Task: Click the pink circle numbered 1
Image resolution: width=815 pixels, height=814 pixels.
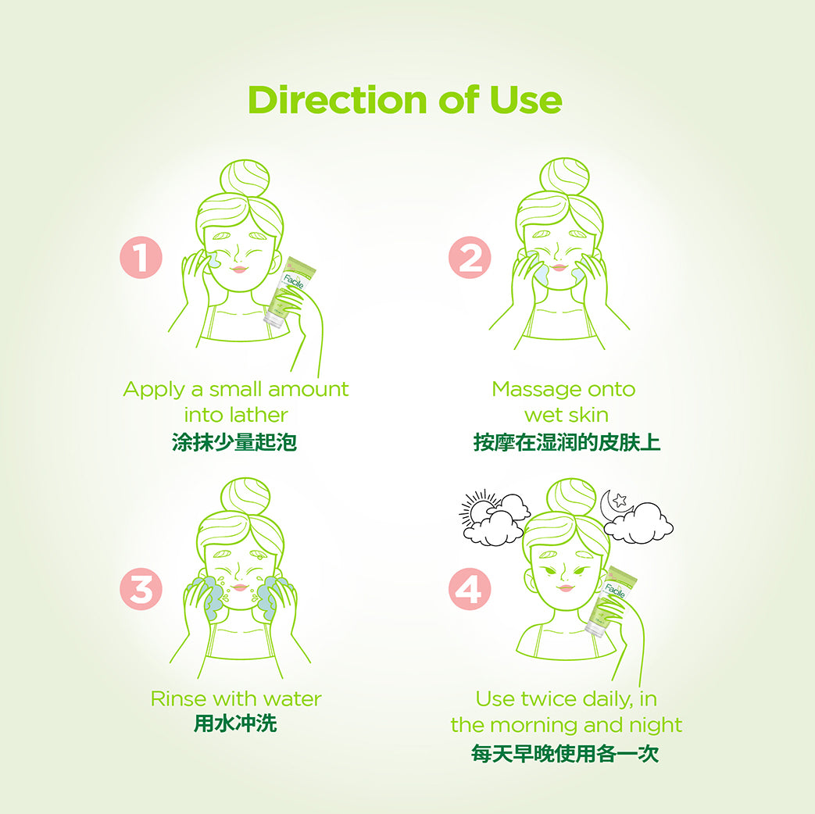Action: [x=141, y=257]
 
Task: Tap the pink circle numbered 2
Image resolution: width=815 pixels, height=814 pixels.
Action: [x=470, y=257]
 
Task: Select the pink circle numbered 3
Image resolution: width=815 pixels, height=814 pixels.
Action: [x=141, y=589]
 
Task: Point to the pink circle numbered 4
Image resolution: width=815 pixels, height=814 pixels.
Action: [x=470, y=589]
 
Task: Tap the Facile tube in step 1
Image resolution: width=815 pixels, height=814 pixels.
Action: [x=289, y=291]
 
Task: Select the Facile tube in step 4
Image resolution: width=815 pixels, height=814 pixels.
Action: [x=611, y=602]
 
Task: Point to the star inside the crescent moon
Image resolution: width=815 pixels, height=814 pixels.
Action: [x=619, y=501]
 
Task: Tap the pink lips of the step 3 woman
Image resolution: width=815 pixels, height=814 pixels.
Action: [x=240, y=587]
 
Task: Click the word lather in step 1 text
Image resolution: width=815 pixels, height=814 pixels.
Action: [x=259, y=415]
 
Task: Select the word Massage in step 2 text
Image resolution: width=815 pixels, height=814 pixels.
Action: [x=526, y=390]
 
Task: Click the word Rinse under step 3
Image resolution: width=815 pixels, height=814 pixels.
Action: [x=176, y=699]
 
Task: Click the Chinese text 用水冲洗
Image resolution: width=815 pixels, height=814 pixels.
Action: [x=235, y=723]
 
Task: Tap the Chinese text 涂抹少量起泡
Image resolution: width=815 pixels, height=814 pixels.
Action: [x=234, y=442]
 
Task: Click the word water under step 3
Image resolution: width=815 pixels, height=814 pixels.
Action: [x=293, y=699]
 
